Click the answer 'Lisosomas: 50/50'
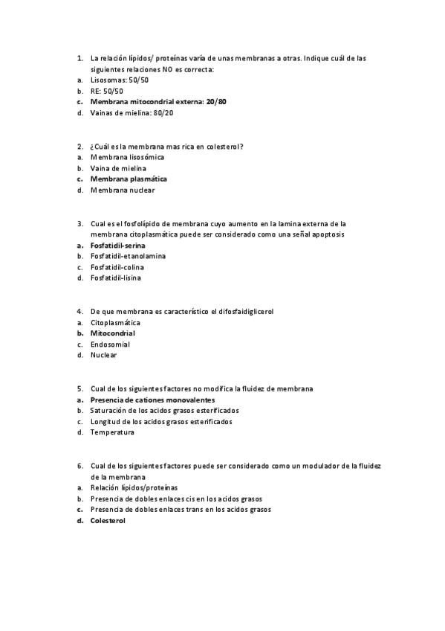[119, 80]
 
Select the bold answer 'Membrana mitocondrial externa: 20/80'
[158, 101]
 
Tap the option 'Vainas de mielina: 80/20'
[132, 112]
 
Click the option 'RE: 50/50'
[106, 91]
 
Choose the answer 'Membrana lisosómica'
[127, 157]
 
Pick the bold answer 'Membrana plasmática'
[129, 179]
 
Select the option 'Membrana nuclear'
[123, 190]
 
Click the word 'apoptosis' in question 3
[331, 234]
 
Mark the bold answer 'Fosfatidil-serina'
[117, 245]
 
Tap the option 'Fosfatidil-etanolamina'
[128, 256]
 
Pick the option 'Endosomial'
[110, 345]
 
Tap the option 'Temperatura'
[112, 432]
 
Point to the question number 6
[79, 466]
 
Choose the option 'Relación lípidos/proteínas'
[134, 487]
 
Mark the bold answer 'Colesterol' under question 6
[108, 521]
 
